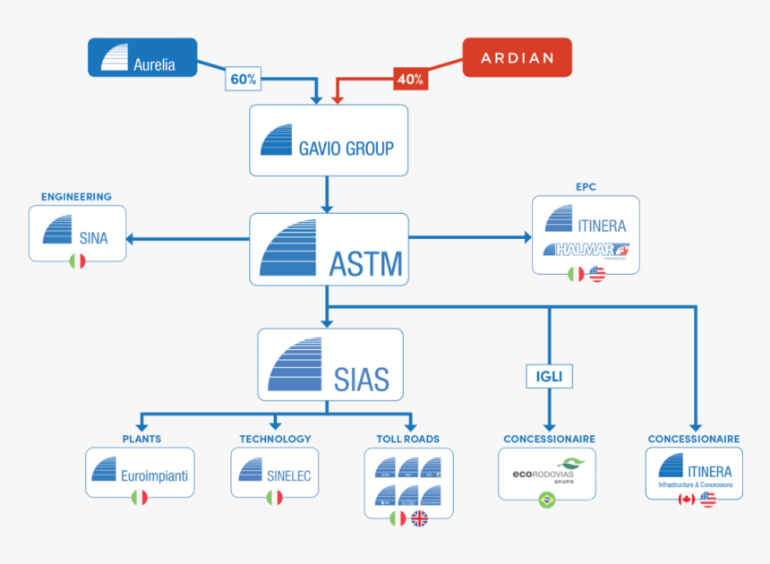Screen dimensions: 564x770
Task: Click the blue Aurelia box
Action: [x=141, y=57]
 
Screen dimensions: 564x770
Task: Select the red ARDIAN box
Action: [x=517, y=57]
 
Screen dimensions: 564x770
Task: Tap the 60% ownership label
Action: [x=244, y=79]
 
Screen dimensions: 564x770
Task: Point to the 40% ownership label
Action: [x=410, y=79]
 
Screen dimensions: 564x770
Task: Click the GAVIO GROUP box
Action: [x=329, y=141]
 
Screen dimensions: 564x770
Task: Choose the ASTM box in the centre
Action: [x=329, y=251]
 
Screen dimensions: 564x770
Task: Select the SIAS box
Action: [x=330, y=364]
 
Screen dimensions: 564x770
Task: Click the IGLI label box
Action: [x=548, y=377]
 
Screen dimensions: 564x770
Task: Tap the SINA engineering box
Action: [x=77, y=234]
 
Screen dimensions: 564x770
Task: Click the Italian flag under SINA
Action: [x=77, y=261]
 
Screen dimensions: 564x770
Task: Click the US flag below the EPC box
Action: [x=597, y=274]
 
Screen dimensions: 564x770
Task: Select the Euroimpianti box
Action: [x=140, y=473]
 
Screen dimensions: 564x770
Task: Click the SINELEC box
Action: [x=275, y=473]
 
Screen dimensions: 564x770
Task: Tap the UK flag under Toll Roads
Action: [x=419, y=518]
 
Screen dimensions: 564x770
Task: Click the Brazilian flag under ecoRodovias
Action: [x=547, y=500]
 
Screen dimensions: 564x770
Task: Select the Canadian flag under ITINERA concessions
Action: [x=687, y=500]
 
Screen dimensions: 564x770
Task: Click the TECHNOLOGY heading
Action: [x=275, y=439]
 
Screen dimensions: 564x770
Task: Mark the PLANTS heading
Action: [x=141, y=439]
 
